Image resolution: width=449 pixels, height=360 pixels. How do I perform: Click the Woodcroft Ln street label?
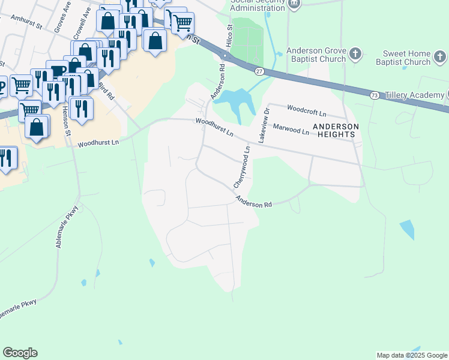[x=307, y=112]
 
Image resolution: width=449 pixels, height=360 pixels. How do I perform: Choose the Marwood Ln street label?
[x=291, y=128]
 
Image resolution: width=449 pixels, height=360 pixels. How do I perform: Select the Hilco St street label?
[x=229, y=34]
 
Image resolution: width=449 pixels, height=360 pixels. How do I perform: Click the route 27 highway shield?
[x=259, y=71]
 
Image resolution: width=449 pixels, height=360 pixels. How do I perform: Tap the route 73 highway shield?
[x=374, y=95]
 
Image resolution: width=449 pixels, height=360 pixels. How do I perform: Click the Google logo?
[x=20, y=353]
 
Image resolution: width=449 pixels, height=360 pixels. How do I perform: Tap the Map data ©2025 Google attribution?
[x=411, y=355]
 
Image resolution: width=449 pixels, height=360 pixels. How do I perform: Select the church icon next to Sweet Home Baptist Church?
[x=440, y=57]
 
